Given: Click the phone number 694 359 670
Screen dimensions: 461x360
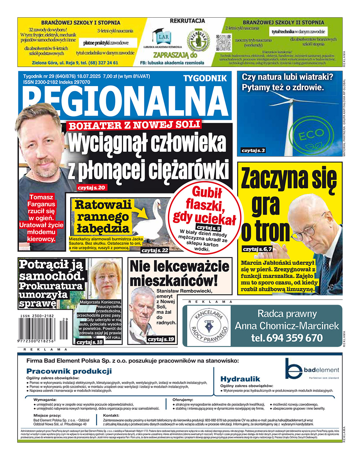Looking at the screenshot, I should pos(287,338).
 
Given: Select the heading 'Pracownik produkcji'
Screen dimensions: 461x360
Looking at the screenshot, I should pos(69,371).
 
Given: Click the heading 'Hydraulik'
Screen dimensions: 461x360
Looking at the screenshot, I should pos(240,379).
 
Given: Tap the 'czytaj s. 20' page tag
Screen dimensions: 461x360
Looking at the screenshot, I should pos(92,188).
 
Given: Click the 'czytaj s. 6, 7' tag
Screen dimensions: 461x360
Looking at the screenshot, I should pos(257,249).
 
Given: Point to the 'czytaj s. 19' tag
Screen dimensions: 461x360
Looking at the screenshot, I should pos(161,339).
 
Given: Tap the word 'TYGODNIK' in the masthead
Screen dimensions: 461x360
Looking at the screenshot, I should pos(205,78).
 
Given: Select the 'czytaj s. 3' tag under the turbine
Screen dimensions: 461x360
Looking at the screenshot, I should pos(253,150).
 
